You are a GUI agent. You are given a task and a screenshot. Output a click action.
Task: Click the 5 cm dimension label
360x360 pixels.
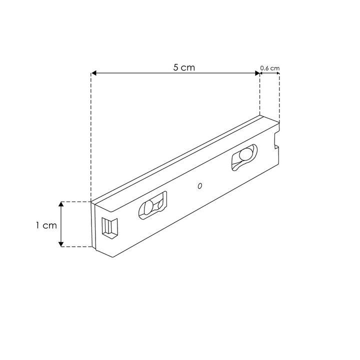pyautogui.click(x=184, y=67)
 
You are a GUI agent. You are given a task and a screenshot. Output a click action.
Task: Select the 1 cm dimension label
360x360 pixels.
pyautogui.click(x=46, y=225)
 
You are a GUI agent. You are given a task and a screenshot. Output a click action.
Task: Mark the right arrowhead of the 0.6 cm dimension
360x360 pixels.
pyautogui.click(x=277, y=73)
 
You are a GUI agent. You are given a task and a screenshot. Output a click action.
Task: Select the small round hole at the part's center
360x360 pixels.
pyautogui.click(x=199, y=186)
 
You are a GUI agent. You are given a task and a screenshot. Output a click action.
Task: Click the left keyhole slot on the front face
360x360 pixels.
pyautogui.click(x=152, y=206)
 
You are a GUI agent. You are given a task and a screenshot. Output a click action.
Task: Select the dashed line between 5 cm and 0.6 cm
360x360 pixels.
pyautogui.click(x=260, y=95)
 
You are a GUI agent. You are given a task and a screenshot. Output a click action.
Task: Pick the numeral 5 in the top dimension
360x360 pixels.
pyautogui.click(x=176, y=67)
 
